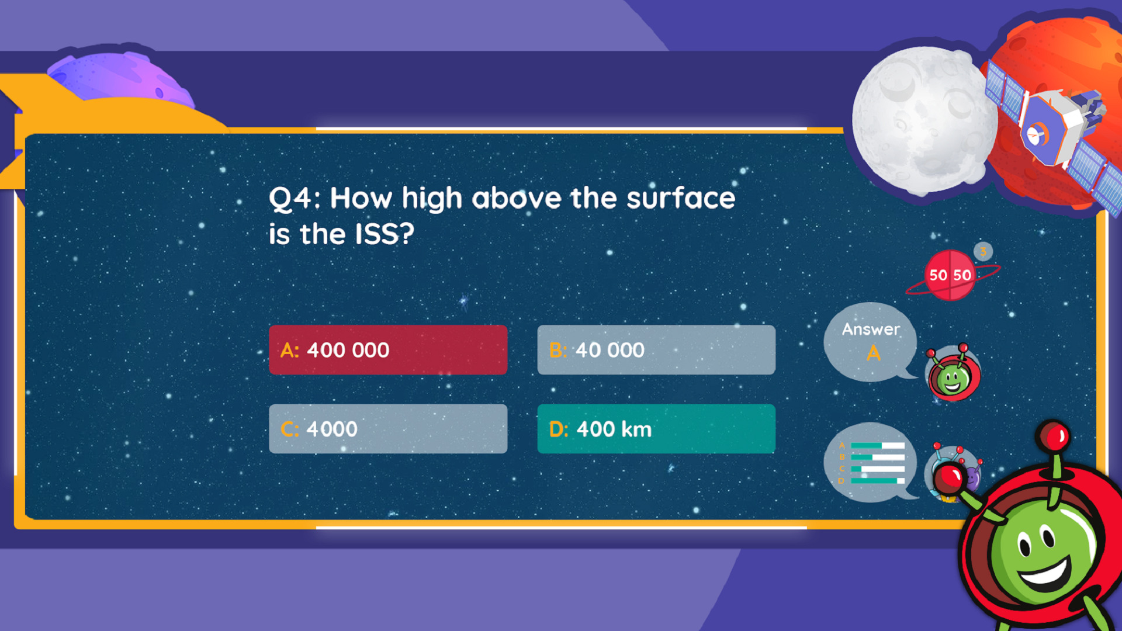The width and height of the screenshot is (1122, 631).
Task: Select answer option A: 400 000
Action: [388, 349]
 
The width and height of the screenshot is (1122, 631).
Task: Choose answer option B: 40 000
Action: [656, 349]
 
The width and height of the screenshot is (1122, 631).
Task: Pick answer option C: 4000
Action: [388, 428]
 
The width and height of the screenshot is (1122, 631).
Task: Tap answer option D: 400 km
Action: [656, 428]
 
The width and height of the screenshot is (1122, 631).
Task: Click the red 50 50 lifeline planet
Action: [950, 275]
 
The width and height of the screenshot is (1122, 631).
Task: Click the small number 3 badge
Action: [984, 252]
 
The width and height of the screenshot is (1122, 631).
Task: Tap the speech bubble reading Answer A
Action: [870, 342]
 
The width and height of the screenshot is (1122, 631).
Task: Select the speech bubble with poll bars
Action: [871, 462]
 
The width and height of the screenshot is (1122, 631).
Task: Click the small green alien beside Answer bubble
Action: [953, 374]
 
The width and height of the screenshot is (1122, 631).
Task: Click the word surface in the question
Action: [681, 199]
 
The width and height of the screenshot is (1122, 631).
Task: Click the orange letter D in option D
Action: [557, 429]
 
